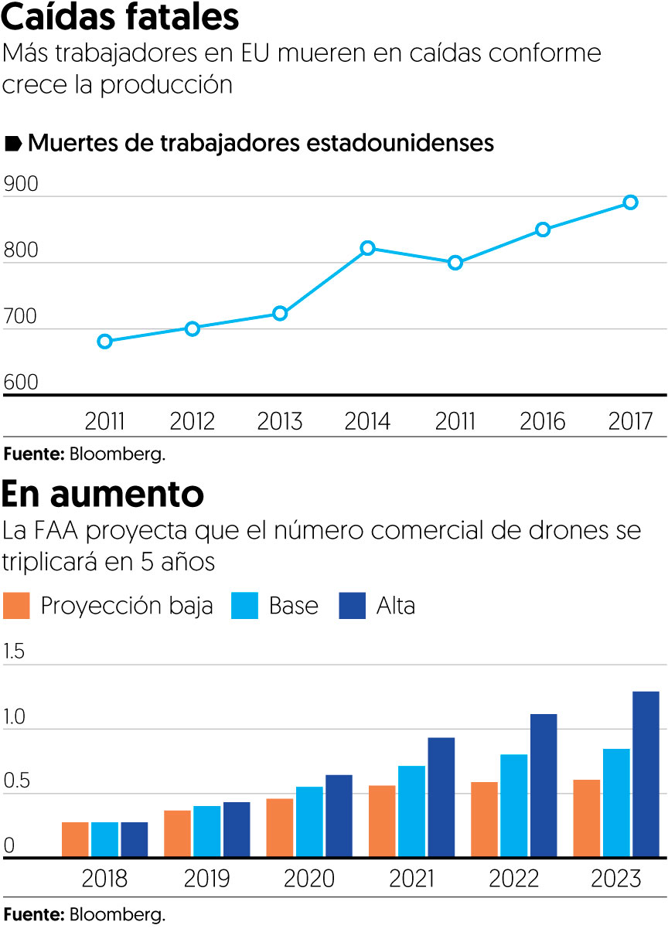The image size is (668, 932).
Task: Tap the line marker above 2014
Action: [368, 248]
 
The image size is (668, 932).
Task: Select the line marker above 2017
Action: [630, 202]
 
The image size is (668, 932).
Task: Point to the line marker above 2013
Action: [280, 313]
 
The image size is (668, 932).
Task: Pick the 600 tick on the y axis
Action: [20, 383]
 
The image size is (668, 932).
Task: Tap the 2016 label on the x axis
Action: [543, 422]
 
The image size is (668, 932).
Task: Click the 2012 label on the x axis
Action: [193, 422]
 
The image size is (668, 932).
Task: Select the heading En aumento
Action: [103, 492]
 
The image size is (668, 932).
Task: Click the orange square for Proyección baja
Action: [16, 606]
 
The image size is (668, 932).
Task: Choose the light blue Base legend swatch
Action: [244, 606]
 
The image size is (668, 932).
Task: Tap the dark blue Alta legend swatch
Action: [352, 606]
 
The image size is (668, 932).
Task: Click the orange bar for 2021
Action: [382, 821]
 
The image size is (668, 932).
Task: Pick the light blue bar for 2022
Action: [514, 806]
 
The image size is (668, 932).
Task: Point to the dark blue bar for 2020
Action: [339, 816]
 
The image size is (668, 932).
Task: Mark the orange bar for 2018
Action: [75, 840]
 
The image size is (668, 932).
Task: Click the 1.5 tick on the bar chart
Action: [15, 651]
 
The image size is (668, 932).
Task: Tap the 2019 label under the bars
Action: [206, 879]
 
